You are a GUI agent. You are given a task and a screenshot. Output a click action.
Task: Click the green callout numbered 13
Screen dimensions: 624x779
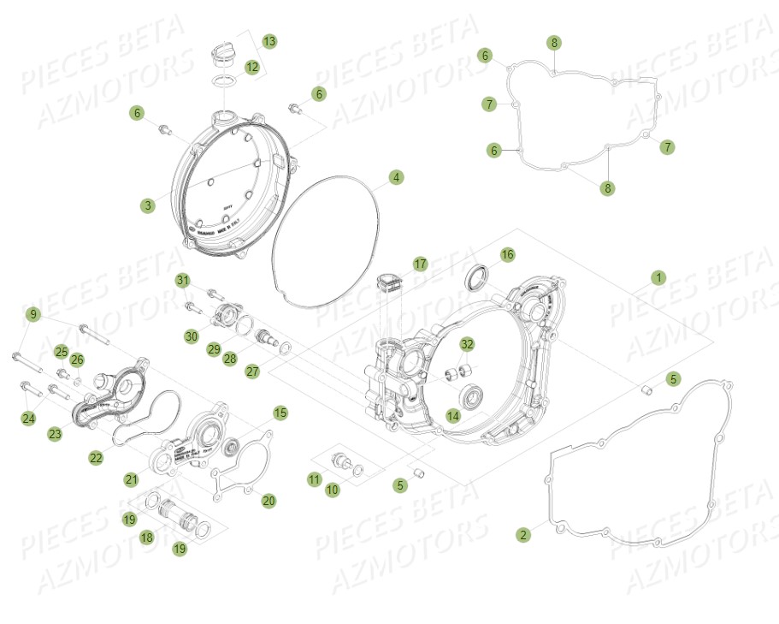tap(269, 41)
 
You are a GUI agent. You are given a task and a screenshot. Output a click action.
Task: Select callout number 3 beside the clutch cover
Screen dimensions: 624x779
tap(149, 205)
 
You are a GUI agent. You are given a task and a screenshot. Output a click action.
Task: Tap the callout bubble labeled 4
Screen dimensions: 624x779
tap(395, 177)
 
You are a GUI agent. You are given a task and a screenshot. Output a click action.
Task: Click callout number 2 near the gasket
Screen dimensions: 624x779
tap(522, 535)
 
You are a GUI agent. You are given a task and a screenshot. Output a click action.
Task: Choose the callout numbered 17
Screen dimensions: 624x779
tap(420, 264)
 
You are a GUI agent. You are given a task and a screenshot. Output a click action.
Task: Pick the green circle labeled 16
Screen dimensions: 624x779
tap(507, 254)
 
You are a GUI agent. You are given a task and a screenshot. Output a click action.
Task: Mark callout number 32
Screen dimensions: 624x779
tap(466, 344)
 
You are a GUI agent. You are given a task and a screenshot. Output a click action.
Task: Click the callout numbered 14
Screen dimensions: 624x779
tap(453, 416)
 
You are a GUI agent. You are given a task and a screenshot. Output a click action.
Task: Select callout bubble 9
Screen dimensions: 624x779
tap(32, 314)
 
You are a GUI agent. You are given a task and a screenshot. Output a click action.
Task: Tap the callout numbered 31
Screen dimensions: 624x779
tap(183, 281)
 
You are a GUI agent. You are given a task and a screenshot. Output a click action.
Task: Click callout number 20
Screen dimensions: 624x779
tap(269, 501)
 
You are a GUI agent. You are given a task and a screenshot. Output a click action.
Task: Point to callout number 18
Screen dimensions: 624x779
tap(146, 537)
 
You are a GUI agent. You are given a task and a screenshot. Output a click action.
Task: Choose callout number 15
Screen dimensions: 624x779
tap(280, 413)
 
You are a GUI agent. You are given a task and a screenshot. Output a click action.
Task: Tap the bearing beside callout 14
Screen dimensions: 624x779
tap(472, 396)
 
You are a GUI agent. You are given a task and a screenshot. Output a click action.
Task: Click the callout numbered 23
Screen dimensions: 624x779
tap(55, 434)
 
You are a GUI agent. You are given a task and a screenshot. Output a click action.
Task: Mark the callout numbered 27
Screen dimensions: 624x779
tap(252, 371)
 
